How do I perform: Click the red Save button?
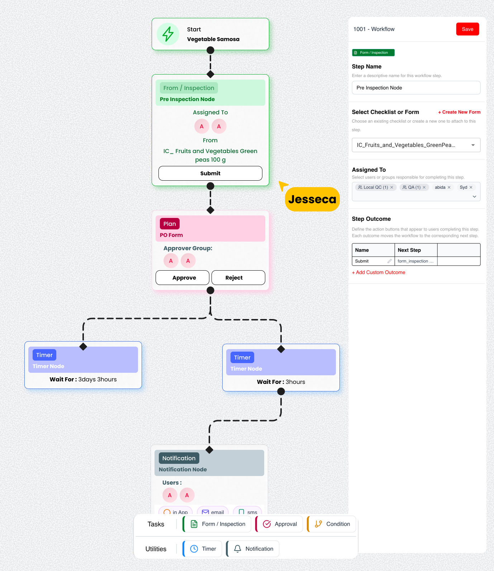pyautogui.click(x=467, y=29)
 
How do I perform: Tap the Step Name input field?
pyautogui.click(x=416, y=88)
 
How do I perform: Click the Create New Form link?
pyautogui.click(x=459, y=112)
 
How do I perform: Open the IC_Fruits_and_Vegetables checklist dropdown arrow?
pyautogui.click(x=473, y=145)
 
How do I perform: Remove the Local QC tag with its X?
pyautogui.click(x=392, y=187)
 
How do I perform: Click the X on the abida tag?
pyautogui.click(x=449, y=187)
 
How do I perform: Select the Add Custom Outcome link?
pyautogui.click(x=379, y=272)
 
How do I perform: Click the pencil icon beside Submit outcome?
pyautogui.click(x=389, y=261)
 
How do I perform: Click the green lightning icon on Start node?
pyautogui.click(x=168, y=34)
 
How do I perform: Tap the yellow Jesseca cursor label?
pyautogui.click(x=312, y=199)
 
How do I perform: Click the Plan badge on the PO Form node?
pyautogui.click(x=170, y=224)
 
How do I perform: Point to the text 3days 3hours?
pyautogui.click(x=98, y=380)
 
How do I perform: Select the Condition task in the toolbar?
pyautogui.click(x=332, y=524)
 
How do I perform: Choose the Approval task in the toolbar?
pyautogui.click(x=280, y=524)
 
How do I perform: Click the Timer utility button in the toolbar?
pyautogui.click(x=203, y=549)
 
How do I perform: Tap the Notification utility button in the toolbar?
pyautogui.click(x=253, y=549)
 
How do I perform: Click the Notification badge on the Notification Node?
pyautogui.click(x=179, y=458)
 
